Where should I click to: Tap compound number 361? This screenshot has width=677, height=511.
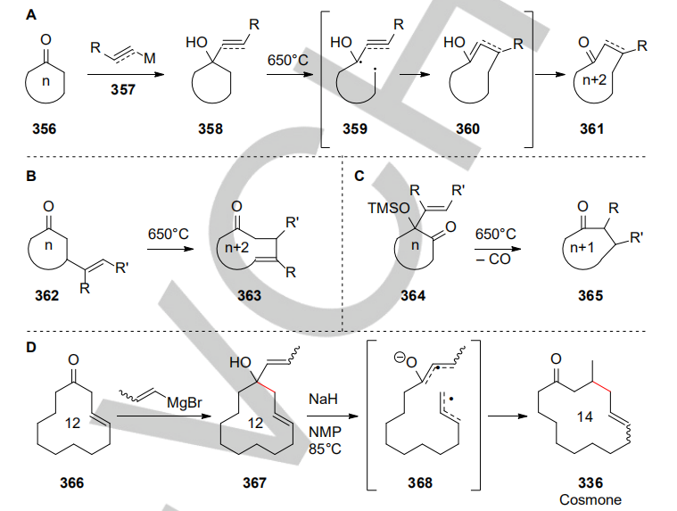point(590,129)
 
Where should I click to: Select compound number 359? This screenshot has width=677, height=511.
point(360,129)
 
